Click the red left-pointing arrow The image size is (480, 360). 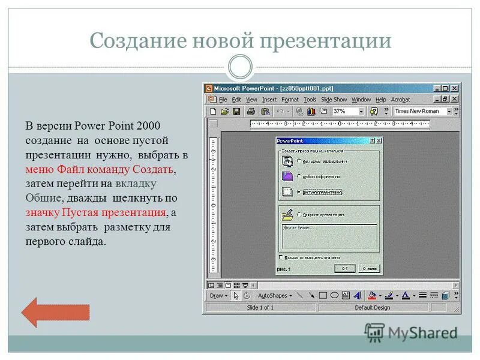[x=55, y=312]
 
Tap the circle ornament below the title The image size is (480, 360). [x=240, y=67]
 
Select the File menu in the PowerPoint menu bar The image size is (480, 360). [x=223, y=99]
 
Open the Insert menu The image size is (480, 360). [x=269, y=99]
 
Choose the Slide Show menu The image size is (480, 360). [x=334, y=99]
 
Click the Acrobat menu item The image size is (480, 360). [x=400, y=99]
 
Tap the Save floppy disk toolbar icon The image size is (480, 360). [x=236, y=111]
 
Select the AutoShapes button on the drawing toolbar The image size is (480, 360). [x=274, y=295]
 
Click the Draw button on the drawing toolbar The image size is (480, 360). [x=217, y=295]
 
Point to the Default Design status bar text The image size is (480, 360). [x=372, y=307]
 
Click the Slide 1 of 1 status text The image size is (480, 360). [x=260, y=307]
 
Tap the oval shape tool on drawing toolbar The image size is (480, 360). [x=334, y=295]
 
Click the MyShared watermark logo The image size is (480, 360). [x=412, y=332]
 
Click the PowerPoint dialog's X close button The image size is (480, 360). [x=379, y=140]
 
